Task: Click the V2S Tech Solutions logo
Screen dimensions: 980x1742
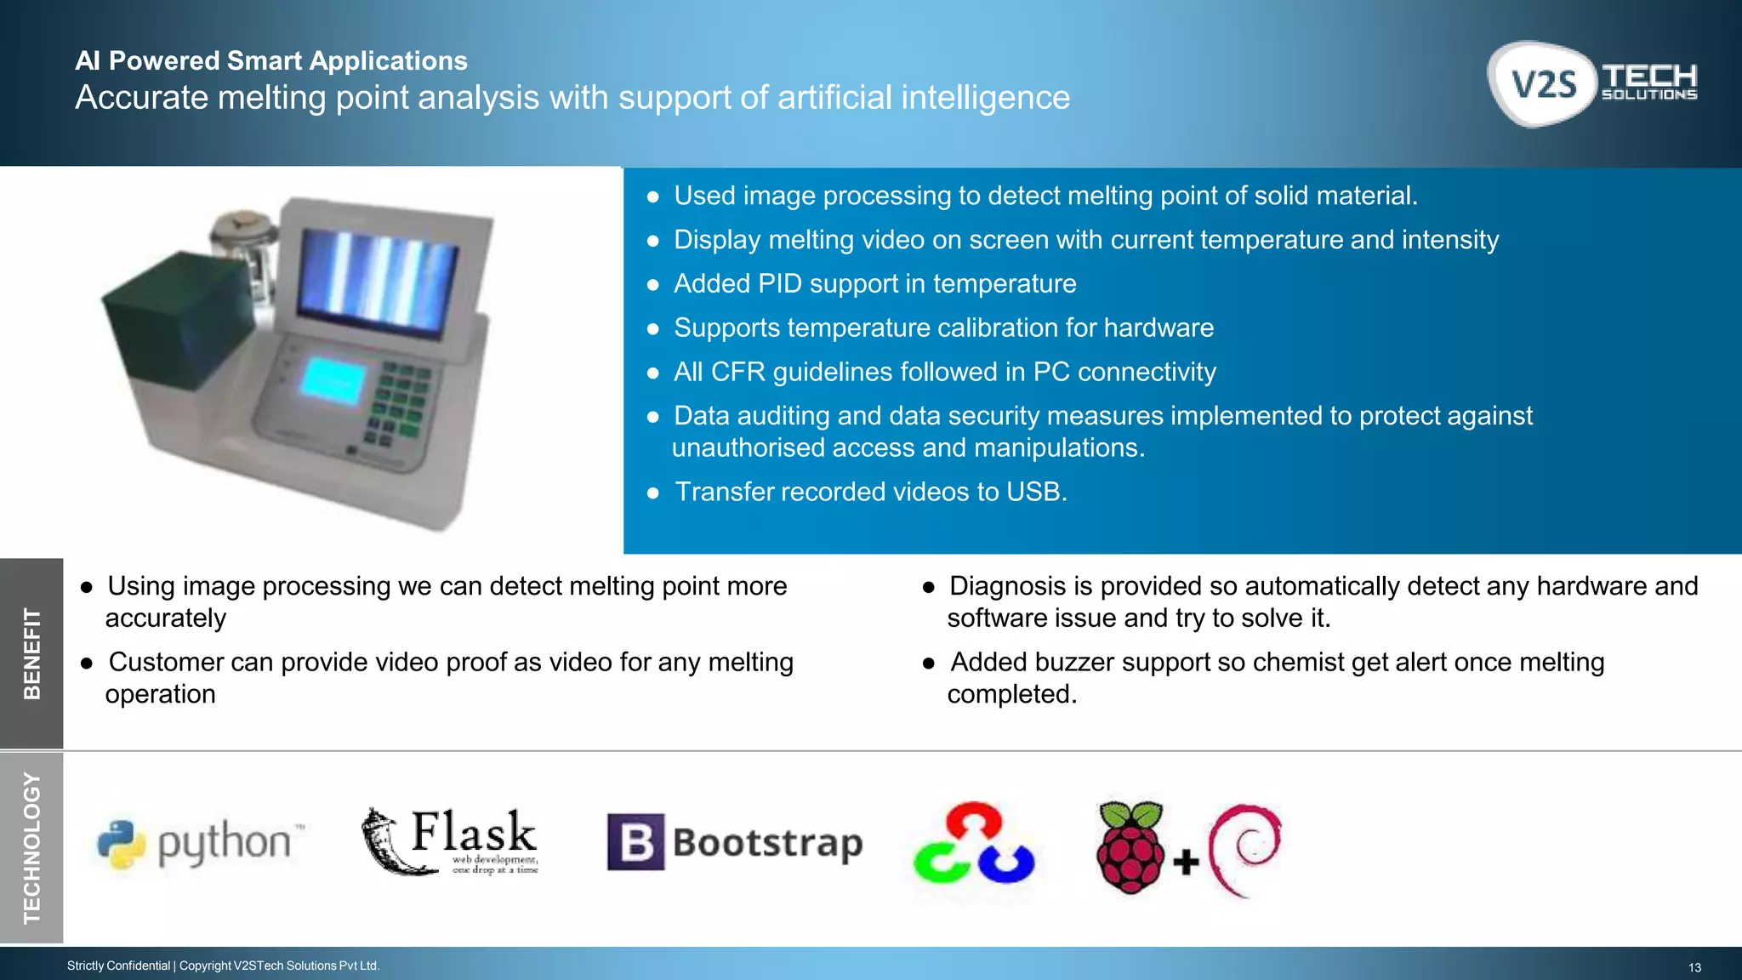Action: coord(1592,84)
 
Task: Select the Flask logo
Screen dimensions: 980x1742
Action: coord(451,841)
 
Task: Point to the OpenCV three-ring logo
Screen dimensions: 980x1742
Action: coord(974,843)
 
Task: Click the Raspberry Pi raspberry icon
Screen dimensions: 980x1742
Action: coord(1130,846)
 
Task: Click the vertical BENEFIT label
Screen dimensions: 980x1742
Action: coord(31,653)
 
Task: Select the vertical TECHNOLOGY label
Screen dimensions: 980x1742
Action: coord(31,847)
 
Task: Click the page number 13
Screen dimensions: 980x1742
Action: coord(1694,967)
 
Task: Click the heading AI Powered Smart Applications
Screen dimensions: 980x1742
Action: coord(271,61)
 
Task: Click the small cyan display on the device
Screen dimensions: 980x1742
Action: coord(333,379)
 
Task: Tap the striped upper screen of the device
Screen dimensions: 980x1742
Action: coord(378,280)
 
